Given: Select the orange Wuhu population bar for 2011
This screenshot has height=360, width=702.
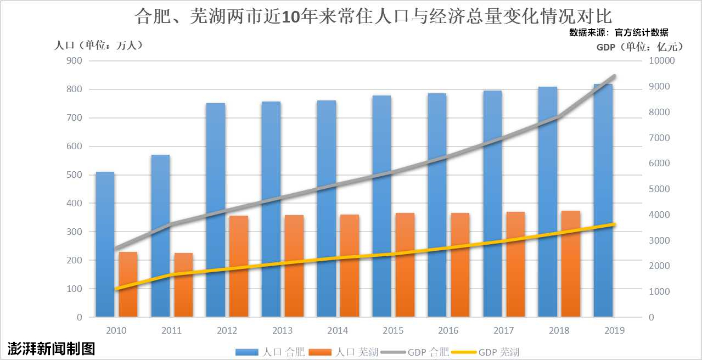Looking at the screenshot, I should click(183, 285).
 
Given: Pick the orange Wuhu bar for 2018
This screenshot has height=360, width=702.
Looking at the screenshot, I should click(571, 263).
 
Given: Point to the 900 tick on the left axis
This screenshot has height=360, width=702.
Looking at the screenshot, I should click(74, 61).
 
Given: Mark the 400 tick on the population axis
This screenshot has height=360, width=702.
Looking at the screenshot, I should click(74, 203).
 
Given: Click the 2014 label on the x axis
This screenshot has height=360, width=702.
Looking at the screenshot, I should click(337, 330).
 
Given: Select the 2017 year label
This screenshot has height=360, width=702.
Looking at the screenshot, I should click(503, 330).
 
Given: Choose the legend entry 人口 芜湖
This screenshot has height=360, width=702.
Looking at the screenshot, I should click(344, 352).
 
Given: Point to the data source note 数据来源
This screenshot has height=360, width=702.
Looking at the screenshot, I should click(619, 33).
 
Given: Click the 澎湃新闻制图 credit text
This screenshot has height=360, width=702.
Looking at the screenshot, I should click(52, 348).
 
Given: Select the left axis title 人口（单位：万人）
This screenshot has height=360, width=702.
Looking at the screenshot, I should click(99, 46).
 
